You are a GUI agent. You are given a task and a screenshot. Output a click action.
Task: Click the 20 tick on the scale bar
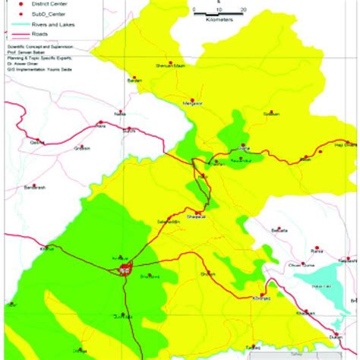pyautogui.click(x=243, y=10)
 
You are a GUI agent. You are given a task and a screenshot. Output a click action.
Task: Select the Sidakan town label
pyautogui.click(x=272, y=113)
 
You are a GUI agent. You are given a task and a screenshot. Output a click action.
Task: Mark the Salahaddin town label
pyautogui.click(x=167, y=222)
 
